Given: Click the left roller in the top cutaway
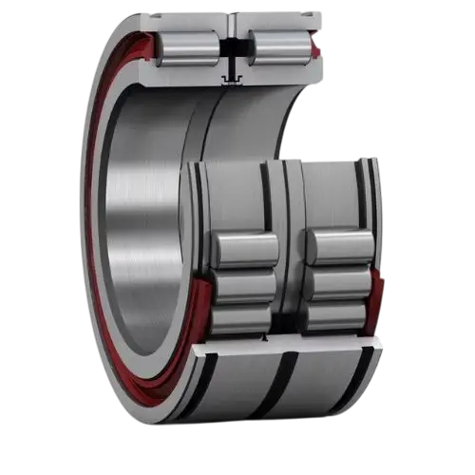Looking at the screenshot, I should (x=187, y=47).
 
